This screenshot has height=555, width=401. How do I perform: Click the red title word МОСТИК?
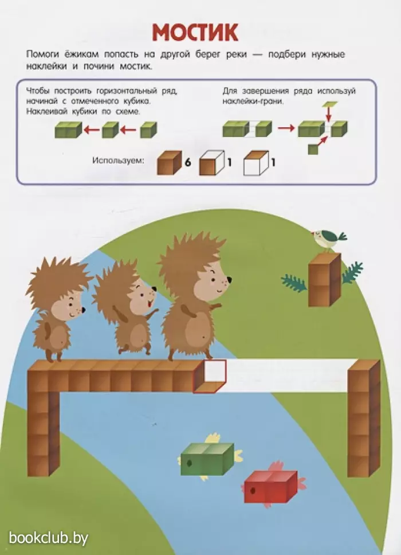(195, 33)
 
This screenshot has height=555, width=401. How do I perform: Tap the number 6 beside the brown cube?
(188, 162)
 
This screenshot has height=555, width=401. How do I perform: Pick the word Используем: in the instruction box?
(119, 161)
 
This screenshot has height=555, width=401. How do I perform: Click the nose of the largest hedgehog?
(229, 280)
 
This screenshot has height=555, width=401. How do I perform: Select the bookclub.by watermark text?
(49, 538)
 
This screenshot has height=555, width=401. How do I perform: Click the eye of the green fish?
(189, 463)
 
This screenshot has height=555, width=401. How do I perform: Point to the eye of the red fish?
(253, 491)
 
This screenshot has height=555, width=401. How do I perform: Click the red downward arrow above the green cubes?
(328, 114)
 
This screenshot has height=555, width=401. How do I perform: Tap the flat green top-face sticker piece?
(329, 104)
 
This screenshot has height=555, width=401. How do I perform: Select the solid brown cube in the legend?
(170, 163)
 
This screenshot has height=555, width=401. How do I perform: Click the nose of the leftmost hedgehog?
(84, 310)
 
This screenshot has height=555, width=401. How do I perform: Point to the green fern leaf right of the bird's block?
(352, 272)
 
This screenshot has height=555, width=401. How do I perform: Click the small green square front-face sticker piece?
(313, 150)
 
